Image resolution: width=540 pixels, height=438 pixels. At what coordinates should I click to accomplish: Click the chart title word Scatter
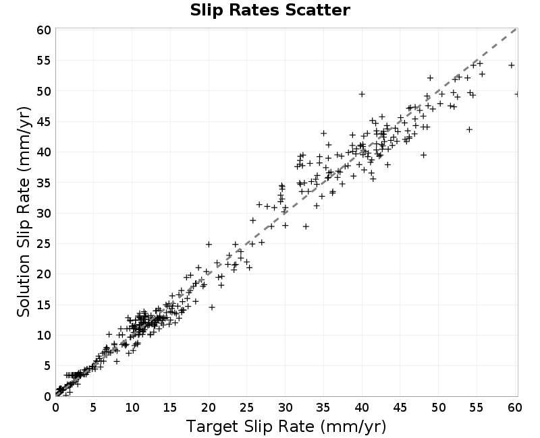[x=317, y=10]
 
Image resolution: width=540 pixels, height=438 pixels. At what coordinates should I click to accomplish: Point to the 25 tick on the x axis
[x=246, y=408]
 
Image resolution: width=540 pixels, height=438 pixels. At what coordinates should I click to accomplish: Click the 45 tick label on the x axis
[x=400, y=408]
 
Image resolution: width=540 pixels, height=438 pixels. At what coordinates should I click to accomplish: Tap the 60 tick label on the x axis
[x=514, y=408]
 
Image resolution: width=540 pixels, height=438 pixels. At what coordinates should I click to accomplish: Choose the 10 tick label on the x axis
[x=132, y=408]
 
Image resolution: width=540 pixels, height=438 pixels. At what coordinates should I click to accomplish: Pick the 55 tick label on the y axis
[x=44, y=61]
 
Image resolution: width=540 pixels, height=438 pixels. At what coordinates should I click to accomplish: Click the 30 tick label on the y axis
[x=44, y=213]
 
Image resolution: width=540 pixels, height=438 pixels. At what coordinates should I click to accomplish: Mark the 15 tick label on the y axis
[x=44, y=305]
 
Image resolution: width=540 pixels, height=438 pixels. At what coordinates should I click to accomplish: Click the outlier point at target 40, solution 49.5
[x=362, y=94]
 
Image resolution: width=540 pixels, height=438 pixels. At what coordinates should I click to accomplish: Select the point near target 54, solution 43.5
[x=469, y=129]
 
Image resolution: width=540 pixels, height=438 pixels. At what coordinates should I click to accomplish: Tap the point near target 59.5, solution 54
[x=512, y=65]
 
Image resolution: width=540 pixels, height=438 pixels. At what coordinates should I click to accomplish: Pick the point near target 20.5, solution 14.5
[x=212, y=307]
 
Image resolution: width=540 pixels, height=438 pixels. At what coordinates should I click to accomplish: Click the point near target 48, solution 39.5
[x=424, y=155]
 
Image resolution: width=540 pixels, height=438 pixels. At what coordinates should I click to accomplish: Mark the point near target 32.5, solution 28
[x=306, y=226]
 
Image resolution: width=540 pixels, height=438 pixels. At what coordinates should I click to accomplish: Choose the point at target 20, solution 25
[x=209, y=245]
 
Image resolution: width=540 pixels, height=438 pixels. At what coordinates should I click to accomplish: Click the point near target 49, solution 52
[x=430, y=78]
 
